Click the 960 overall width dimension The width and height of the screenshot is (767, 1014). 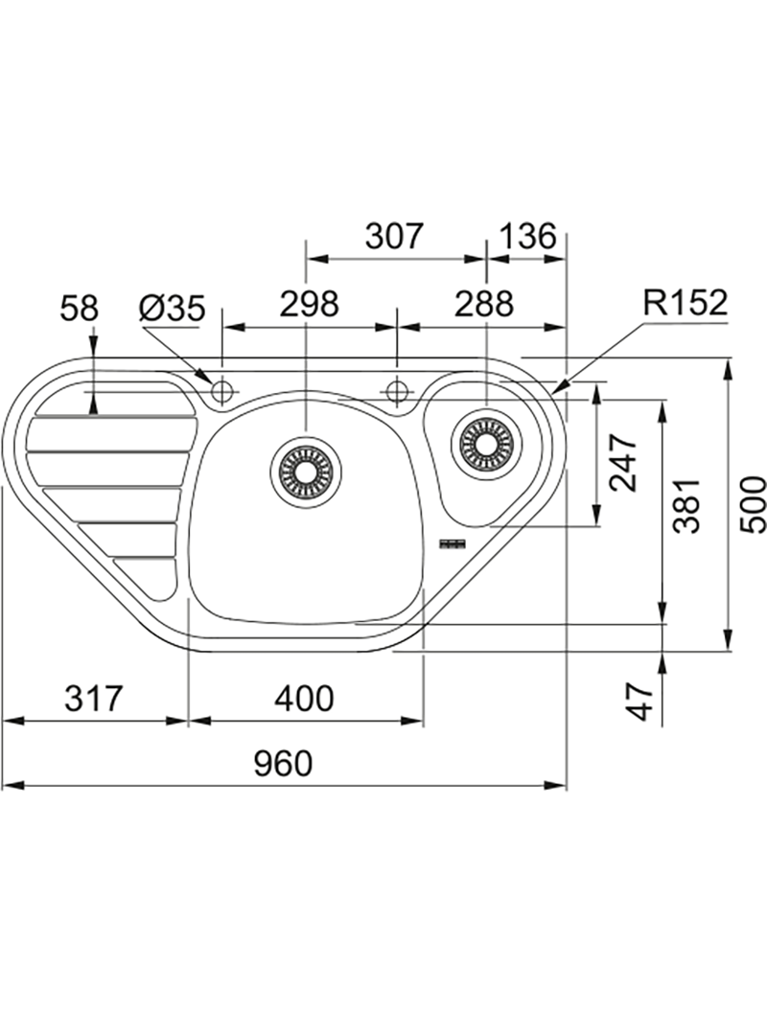284,764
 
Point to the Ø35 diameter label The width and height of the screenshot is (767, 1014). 172,308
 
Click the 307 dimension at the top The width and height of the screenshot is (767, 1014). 393,237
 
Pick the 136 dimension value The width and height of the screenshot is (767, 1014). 527,237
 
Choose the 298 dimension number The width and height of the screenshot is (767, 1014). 310,305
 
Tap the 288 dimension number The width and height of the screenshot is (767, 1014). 484,305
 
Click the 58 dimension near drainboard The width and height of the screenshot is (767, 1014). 79,308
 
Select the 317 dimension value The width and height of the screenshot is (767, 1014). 93,698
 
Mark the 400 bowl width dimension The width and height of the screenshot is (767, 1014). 305,698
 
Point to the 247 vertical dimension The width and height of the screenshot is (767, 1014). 624,462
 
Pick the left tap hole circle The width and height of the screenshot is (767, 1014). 222,390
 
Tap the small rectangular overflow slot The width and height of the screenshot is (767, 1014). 451,543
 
